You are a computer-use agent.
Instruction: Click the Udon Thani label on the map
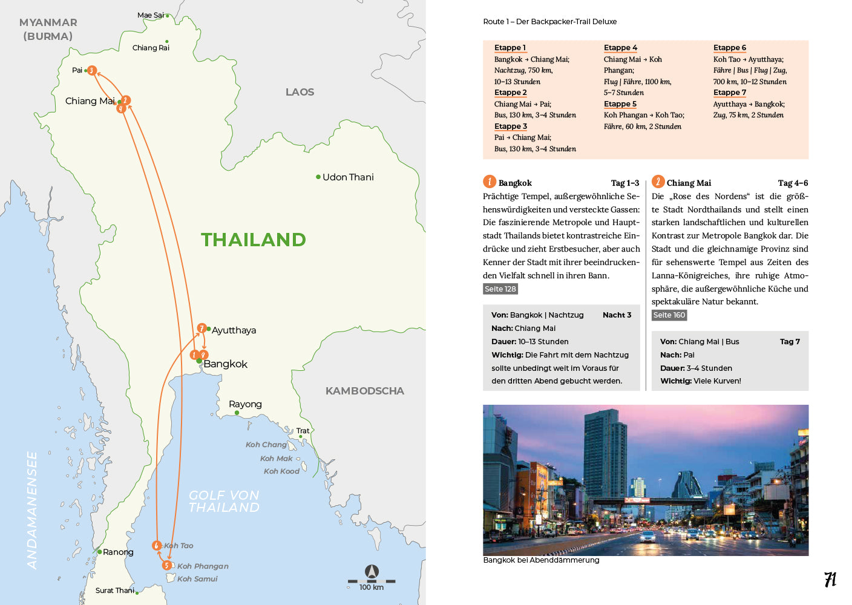[x=348, y=177]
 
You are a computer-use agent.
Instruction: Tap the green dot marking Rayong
[x=237, y=413]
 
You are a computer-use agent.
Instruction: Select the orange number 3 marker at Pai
[x=91, y=71]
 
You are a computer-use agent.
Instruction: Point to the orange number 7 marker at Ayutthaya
[x=202, y=329]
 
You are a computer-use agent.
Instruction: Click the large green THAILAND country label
[x=254, y=240]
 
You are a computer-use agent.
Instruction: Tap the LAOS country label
[x=300, y=92]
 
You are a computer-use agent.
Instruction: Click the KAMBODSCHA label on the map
[x=364, y=391]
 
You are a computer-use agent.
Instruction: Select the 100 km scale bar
[x=372, y=581]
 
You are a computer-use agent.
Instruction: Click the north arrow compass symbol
[x=372, y=571]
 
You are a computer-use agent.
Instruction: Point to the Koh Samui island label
[x=197, y=579]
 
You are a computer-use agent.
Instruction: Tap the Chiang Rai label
[x=151, y=48]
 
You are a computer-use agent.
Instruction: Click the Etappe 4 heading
[x=620, y=48]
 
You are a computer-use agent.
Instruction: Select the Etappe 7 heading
[x=729, y=93]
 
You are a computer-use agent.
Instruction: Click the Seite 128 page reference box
[x=500, y=289]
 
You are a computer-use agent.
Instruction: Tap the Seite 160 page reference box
[x=669, y=315]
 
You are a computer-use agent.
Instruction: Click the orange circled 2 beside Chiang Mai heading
[x=658, y=181]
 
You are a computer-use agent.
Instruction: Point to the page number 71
[x=830, y=580]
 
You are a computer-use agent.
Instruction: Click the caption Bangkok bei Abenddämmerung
[x=541, y=560]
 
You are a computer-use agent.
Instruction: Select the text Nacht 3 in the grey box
[x=617, y=315]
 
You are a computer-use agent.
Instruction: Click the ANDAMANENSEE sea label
[x=32, y=510]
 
